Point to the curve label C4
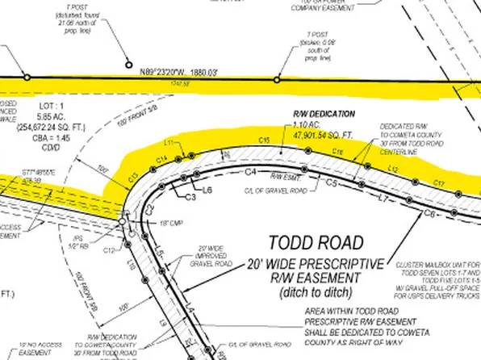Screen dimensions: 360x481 click(251, 172)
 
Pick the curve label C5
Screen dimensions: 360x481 click(330, 184)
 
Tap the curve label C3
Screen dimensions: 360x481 click(191, 196)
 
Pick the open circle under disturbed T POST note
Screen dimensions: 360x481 click(127, 65)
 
